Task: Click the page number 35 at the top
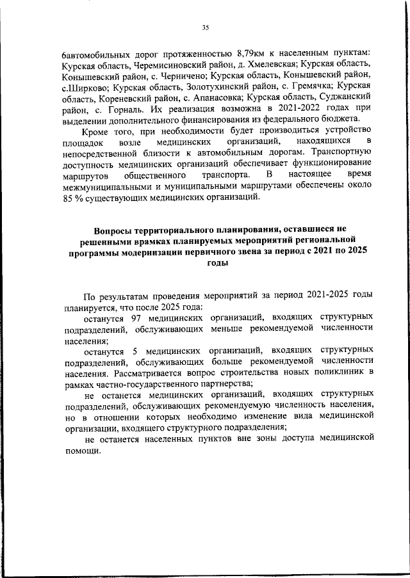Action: click(x=205, y=28)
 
